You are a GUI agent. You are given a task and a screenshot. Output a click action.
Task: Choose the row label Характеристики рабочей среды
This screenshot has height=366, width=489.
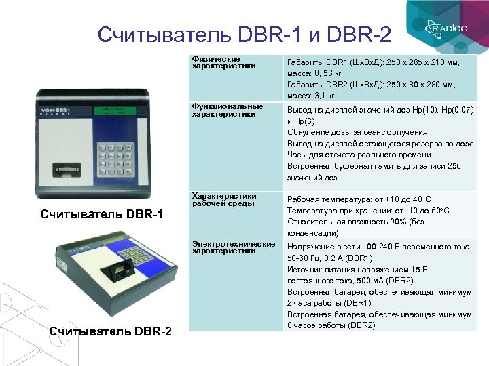[224, 199]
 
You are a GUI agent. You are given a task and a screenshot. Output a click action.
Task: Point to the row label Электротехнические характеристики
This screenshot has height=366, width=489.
[233, 247]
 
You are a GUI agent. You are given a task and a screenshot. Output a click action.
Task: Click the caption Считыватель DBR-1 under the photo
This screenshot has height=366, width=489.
[102, 215]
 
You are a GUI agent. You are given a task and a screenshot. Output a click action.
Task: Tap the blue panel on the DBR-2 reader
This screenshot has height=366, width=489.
[145, 248]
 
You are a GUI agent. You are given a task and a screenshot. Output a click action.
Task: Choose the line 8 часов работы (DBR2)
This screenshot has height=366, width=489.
[331, 325]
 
